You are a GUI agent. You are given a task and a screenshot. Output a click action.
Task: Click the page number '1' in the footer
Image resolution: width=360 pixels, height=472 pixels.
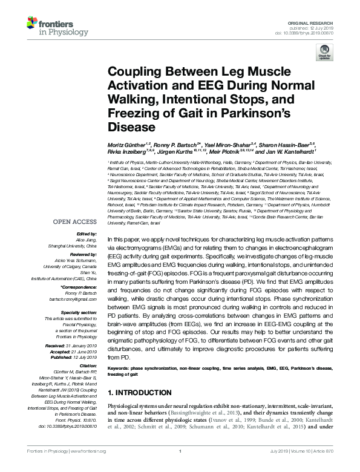[x=180, y=468]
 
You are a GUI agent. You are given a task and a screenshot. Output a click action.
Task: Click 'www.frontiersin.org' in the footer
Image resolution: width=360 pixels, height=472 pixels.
[x=88, y=468]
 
